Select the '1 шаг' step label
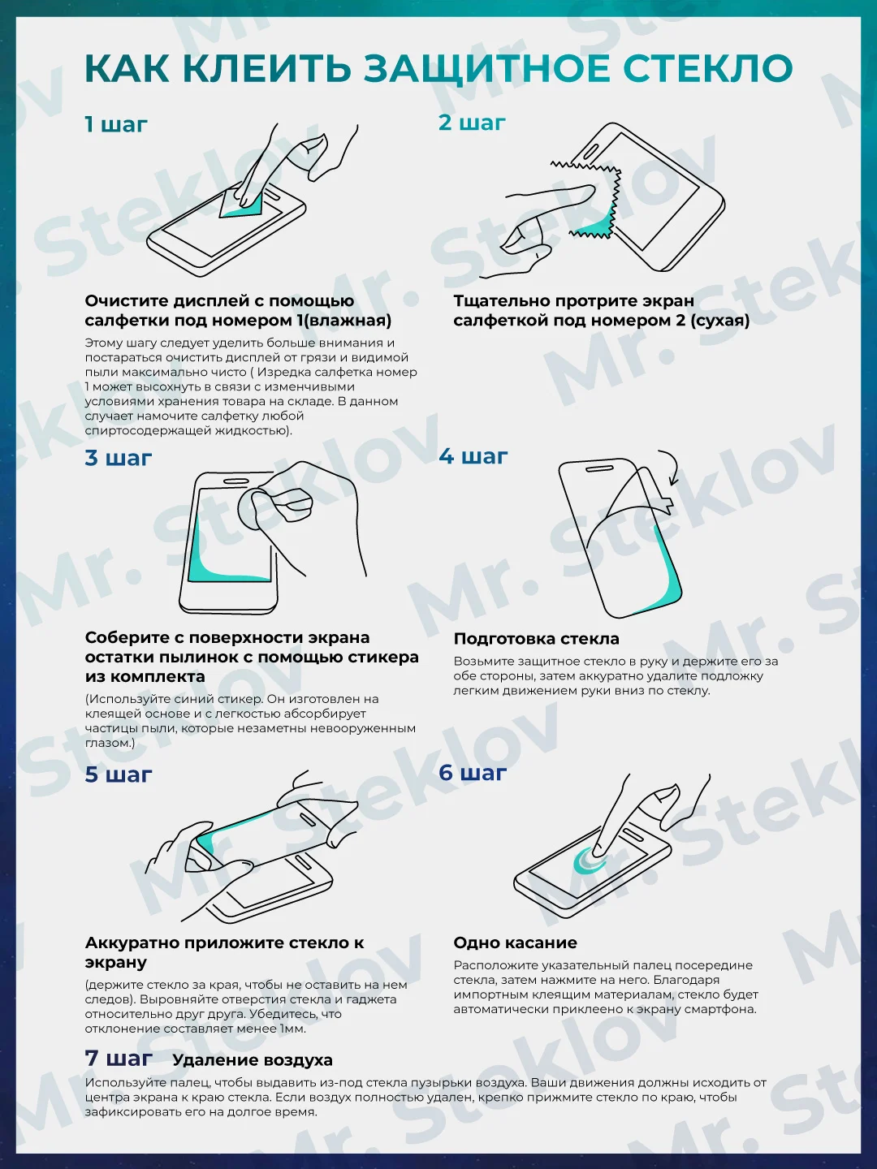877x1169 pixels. (116, 125)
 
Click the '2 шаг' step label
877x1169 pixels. (472, 123)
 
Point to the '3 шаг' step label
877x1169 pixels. (119, 458)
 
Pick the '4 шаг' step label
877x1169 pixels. (473, 456)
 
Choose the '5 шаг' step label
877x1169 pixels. (119, 774)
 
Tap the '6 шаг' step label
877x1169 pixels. (473, 772)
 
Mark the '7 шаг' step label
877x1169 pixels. (119, 1058)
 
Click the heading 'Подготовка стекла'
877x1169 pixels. (536, 639)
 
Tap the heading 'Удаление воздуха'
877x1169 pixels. (253, 1060)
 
